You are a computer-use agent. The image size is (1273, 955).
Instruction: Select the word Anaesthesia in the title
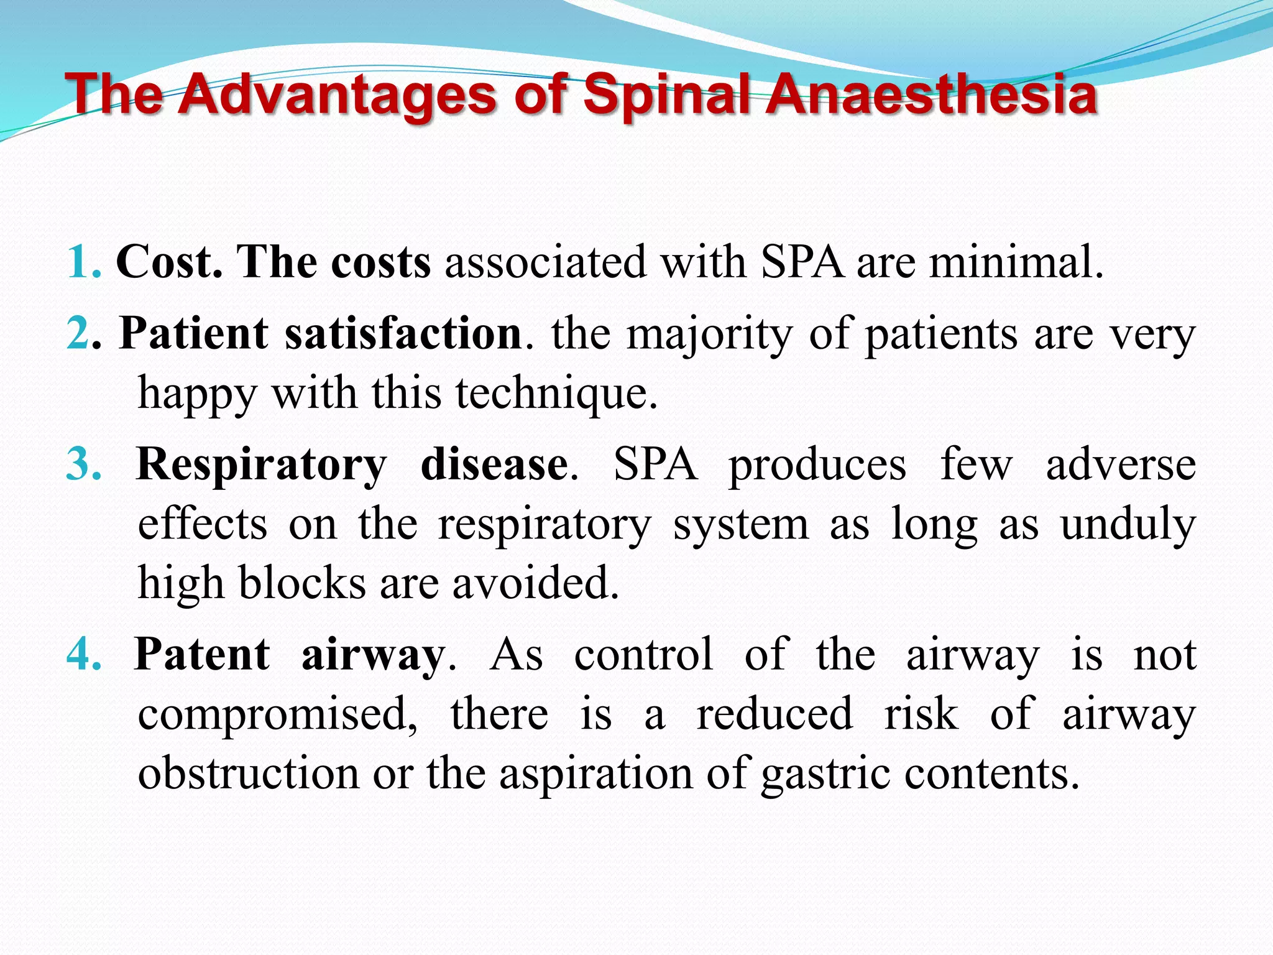click(x=931, y=95)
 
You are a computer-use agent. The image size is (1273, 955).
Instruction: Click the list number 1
click(x=80, y=262)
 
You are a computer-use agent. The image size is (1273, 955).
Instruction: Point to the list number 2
click(x=78, y=333)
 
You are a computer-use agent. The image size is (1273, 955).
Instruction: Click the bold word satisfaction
click(x=403, y=333)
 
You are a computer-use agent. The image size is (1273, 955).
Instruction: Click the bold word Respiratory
click(x=261, y=465)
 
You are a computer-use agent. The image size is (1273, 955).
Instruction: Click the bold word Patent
click(x=203, y=654)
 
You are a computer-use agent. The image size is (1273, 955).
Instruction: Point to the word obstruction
click(x=249, y=773)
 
